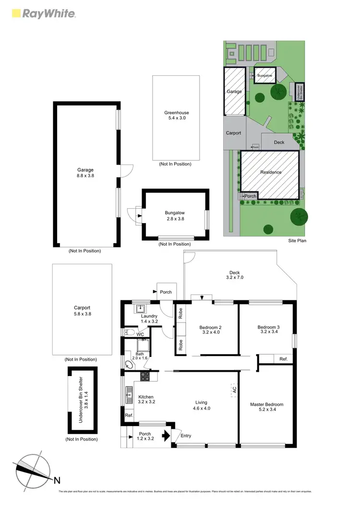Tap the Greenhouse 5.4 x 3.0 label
[175, 116]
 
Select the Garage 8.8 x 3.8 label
[85, 173]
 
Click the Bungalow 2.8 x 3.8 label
[175, 215]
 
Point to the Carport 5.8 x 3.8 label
[82, 311]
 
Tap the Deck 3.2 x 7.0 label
[234, 275]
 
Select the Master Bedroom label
[266, 407]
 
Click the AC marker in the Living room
[234, 390]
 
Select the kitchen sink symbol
[128, 396]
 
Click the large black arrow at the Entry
[166, 436]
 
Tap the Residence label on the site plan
[271, 172]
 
